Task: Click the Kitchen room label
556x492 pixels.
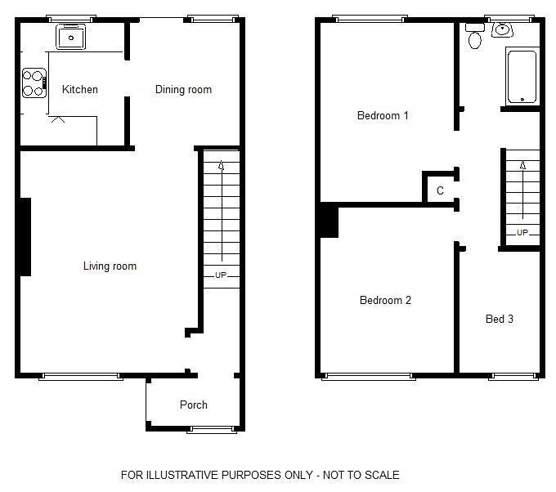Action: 80,89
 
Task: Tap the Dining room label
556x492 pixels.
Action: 183,89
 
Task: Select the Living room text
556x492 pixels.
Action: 110,266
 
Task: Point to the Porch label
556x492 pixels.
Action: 193,405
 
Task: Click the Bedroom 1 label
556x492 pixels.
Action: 383,115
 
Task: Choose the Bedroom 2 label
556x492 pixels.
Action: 385,300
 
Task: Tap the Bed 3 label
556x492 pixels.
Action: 500,319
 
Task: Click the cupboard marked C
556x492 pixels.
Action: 440,190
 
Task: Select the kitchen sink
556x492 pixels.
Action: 71,37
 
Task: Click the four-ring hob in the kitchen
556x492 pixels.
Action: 34,83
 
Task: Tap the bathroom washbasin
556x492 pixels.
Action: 502,29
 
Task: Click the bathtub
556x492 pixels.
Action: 522,77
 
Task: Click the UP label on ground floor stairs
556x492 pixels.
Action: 221,275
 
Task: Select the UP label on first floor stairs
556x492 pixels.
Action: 522,233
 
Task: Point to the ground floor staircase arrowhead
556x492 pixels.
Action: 222,165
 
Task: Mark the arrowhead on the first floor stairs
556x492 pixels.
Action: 522,165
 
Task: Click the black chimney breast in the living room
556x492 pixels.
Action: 25,237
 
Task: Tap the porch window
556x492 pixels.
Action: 212,430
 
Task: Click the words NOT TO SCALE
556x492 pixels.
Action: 361,475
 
